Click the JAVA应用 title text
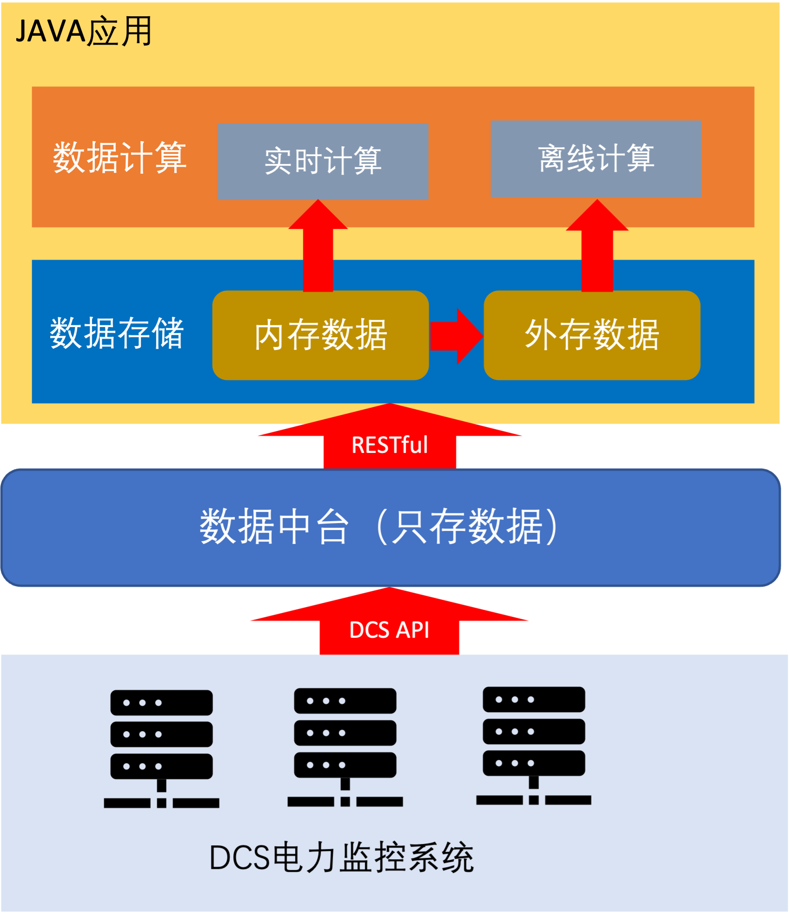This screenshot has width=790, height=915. [x=84, y=31]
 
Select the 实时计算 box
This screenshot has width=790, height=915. [x=323, y=161]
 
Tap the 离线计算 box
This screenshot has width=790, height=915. [x=596, y=158]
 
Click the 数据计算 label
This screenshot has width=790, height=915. [x=119, y=158]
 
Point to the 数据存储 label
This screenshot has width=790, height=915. [x=117, y=333]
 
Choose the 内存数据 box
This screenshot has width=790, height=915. [x=320, y=335]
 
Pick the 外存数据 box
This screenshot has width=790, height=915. [x=592, y=335]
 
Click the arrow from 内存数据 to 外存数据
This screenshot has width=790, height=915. [x=456, y=336]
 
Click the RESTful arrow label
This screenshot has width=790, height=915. [x=389, y=445]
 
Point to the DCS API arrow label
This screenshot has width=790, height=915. [x=389, y=630]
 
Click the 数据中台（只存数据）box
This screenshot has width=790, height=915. [x=390, y=527]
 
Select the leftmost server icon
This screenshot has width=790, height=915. [x=161, y=748]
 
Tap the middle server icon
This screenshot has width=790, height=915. [x=345, y=746]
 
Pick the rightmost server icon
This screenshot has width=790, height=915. [x=533, y=745]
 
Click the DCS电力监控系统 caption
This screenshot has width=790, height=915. [x=342, y=857]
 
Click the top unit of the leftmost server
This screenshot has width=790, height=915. [x=161, y=702]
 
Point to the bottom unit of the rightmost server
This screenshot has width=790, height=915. [x=533, y=763]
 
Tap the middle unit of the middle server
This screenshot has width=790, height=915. [x=345, y=733]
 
